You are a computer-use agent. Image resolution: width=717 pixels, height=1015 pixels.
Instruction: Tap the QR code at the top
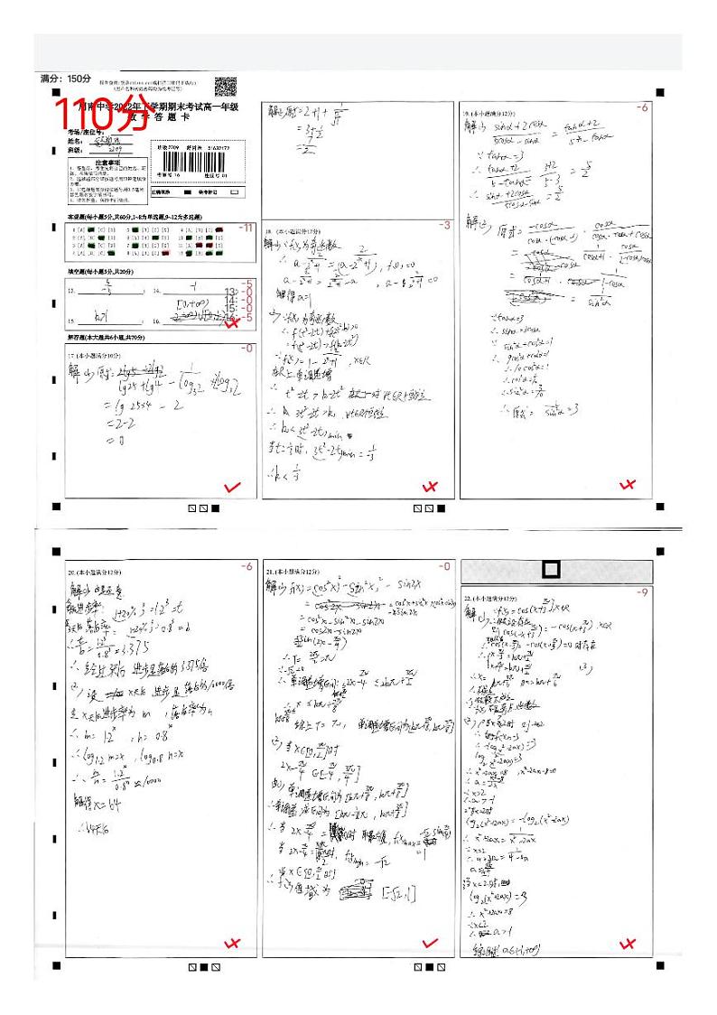pyautogui.click(x=226, y=88)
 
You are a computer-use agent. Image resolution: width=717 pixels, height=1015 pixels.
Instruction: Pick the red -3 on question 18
pyautogui.click(x=443, y=225)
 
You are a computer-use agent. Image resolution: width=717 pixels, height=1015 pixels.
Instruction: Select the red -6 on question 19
pyautogui.click(x=642, y=107)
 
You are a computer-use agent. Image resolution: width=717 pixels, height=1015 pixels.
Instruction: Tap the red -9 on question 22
pyautogui.click(x=642, y=592)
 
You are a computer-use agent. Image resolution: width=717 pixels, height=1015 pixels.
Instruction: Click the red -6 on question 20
pyautogui.click(x=247, y=566)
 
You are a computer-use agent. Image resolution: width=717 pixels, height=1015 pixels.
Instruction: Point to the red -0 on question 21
pyautogui.click(x=443, y=566)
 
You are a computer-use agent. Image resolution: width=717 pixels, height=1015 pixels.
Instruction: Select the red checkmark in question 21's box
pyautogui.click(x=430, y=944)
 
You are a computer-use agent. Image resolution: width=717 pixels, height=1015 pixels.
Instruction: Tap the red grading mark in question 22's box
pyautogui.click(x=629, y=945)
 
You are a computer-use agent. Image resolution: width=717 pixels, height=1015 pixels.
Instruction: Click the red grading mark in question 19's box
pyautogui.click(x=629, y=487)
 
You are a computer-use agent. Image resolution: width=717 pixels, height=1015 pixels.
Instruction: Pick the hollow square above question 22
pyautogui.click(x=551, y=570)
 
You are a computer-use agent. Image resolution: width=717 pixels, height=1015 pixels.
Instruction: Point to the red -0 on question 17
pyautogui.click(x=247, y=349)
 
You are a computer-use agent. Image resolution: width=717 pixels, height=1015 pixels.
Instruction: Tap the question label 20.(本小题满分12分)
pyautogui.click(x=97, y=573)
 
